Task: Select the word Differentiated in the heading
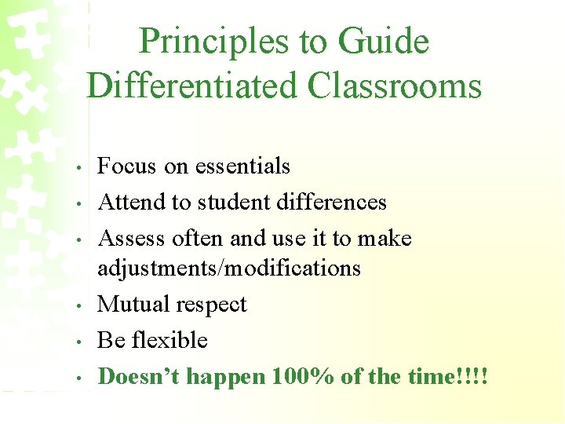coord(192,85)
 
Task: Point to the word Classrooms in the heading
coord(395,85)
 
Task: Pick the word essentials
coord(242,166)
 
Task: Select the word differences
coord(334,203)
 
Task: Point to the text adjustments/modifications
coord(229,269)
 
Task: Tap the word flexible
coord(169,341)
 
